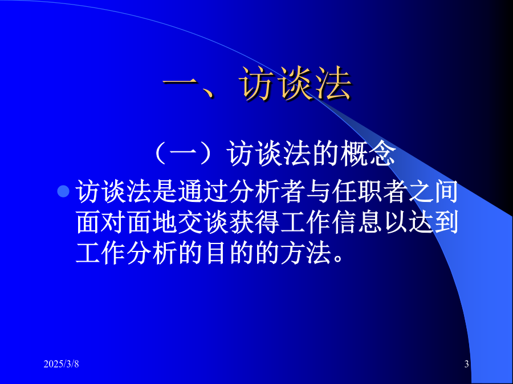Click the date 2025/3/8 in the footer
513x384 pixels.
point(61,364)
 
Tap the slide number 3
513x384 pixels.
point(466,364)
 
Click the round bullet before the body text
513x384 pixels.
point(63,191)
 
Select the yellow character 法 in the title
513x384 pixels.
point(332,84)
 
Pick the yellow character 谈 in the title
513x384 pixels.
point(295,84)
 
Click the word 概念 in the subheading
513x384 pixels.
point(368,154)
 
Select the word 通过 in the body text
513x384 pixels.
point(203,192)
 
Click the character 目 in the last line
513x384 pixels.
point(216,253)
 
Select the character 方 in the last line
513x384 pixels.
point(293,253)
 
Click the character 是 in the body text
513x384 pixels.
point(165,192)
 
